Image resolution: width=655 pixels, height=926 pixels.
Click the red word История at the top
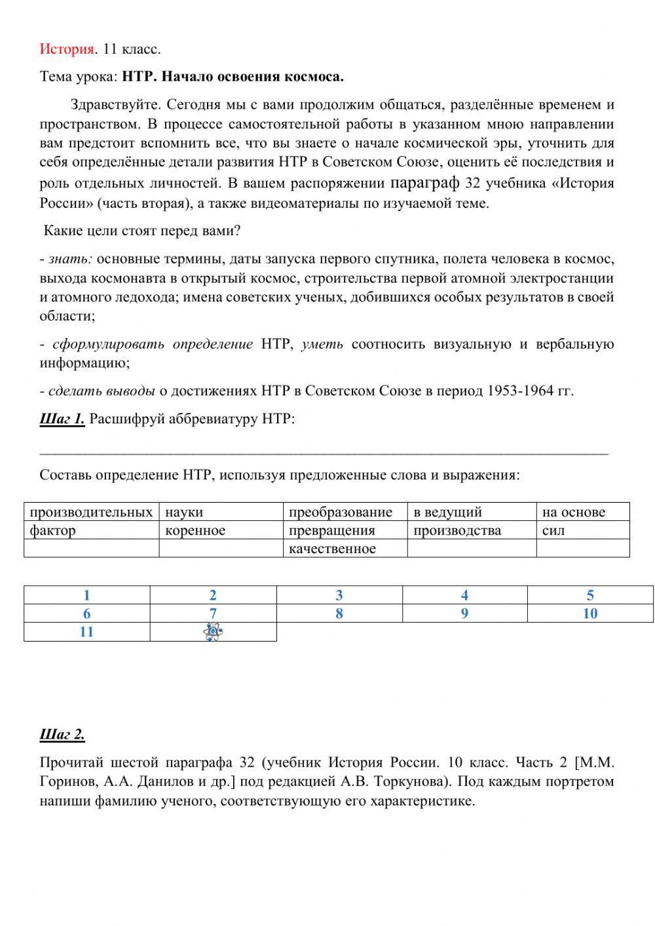pyautogui.click(x=67, y=49)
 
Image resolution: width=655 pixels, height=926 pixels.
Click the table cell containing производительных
pyautogui.click(x=91, y=512)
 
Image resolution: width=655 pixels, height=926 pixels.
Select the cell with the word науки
pyautogui.click(x=223, y=512)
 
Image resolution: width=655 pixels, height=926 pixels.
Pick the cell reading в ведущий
pyautogui.click(x=472, y=512)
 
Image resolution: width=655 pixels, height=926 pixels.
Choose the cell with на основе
pyautogui.click(x=582, y=512)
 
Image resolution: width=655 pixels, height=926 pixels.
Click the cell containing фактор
pyautogui.click(x=91, y=530)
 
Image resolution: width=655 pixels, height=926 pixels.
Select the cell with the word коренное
pyautogui.click(x=223, y=530)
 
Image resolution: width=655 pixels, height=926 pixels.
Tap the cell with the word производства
pyautogui.click(x=472, y=530)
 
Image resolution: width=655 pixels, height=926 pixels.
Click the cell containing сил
pyautogui.click(x=582, y=530)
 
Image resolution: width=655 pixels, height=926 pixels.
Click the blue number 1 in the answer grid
pyautogui.click(x=86, y=595)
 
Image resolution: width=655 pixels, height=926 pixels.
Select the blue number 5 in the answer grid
pyautogui.click(x=590, y=595)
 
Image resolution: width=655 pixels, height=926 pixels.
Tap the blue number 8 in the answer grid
pyautogui.click(x=339, y=613)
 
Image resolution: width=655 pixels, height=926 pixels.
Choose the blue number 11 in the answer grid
pyautogui.click(x=86, y=632)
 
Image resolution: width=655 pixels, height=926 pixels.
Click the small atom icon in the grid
pyautogui.click(x=212, y=632)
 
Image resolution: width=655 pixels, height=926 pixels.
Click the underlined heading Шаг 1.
pyautogui.click(x=62, y=419)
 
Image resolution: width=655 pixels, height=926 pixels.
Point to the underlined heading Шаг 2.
pyautogui.click(x=62, y=735)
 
